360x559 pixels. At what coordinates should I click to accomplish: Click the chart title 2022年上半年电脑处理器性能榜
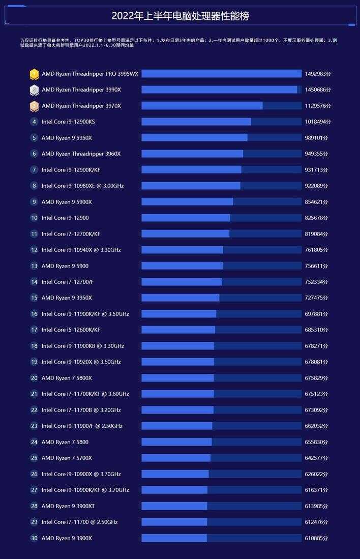tap(180, 16)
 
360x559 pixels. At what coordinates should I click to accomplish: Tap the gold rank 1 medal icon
tap(34, 74)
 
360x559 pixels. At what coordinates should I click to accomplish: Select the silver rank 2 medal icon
tap(34, 90)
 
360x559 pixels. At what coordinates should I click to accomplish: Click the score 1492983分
tap(318, 74)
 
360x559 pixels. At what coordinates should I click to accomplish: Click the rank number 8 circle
tap(34, 186)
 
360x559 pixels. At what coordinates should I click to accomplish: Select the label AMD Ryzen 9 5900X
tap(67, 202)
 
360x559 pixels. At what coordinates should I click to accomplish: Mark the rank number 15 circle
tap(34, 298)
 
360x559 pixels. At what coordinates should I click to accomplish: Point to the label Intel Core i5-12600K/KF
tap(71, 330)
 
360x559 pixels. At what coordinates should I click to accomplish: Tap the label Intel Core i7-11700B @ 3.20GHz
tap(81, 410)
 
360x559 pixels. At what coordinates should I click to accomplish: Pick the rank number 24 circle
tap(34, 442)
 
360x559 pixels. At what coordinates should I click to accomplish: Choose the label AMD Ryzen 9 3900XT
tap(68, 506)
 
